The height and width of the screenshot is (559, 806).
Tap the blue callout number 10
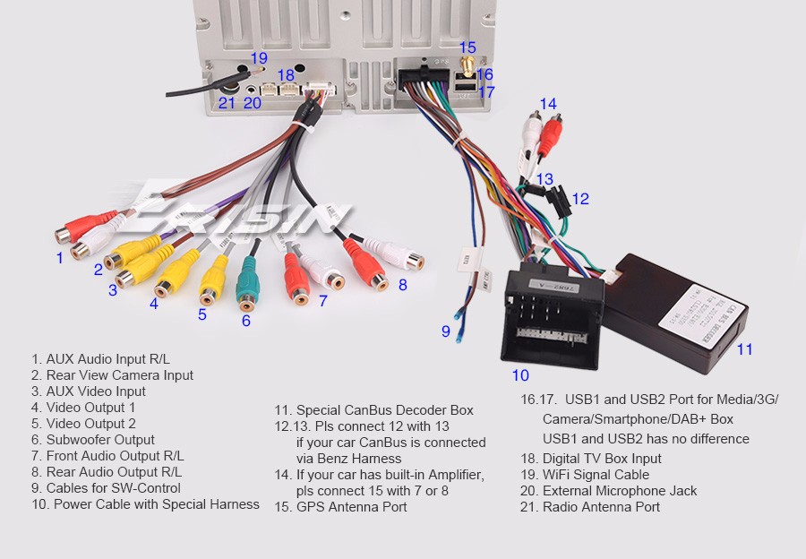[520, 375]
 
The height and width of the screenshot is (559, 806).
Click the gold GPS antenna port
[467, 65]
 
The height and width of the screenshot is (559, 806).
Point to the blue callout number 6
[246, 321]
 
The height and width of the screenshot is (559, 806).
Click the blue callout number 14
[547, 104]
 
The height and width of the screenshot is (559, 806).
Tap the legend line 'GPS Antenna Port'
[340, 507]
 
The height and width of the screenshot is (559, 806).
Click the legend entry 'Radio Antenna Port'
[590, 507]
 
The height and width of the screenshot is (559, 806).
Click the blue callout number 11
[745, 349]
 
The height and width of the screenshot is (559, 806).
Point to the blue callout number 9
[445, 331]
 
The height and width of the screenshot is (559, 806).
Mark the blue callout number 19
[259, 58]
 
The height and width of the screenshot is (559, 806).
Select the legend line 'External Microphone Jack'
[609, 491]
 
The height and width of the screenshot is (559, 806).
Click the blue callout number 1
[60, 258]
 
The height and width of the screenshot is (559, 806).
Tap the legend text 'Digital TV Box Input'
[591, 459]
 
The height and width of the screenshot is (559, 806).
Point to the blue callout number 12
[580, 199]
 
